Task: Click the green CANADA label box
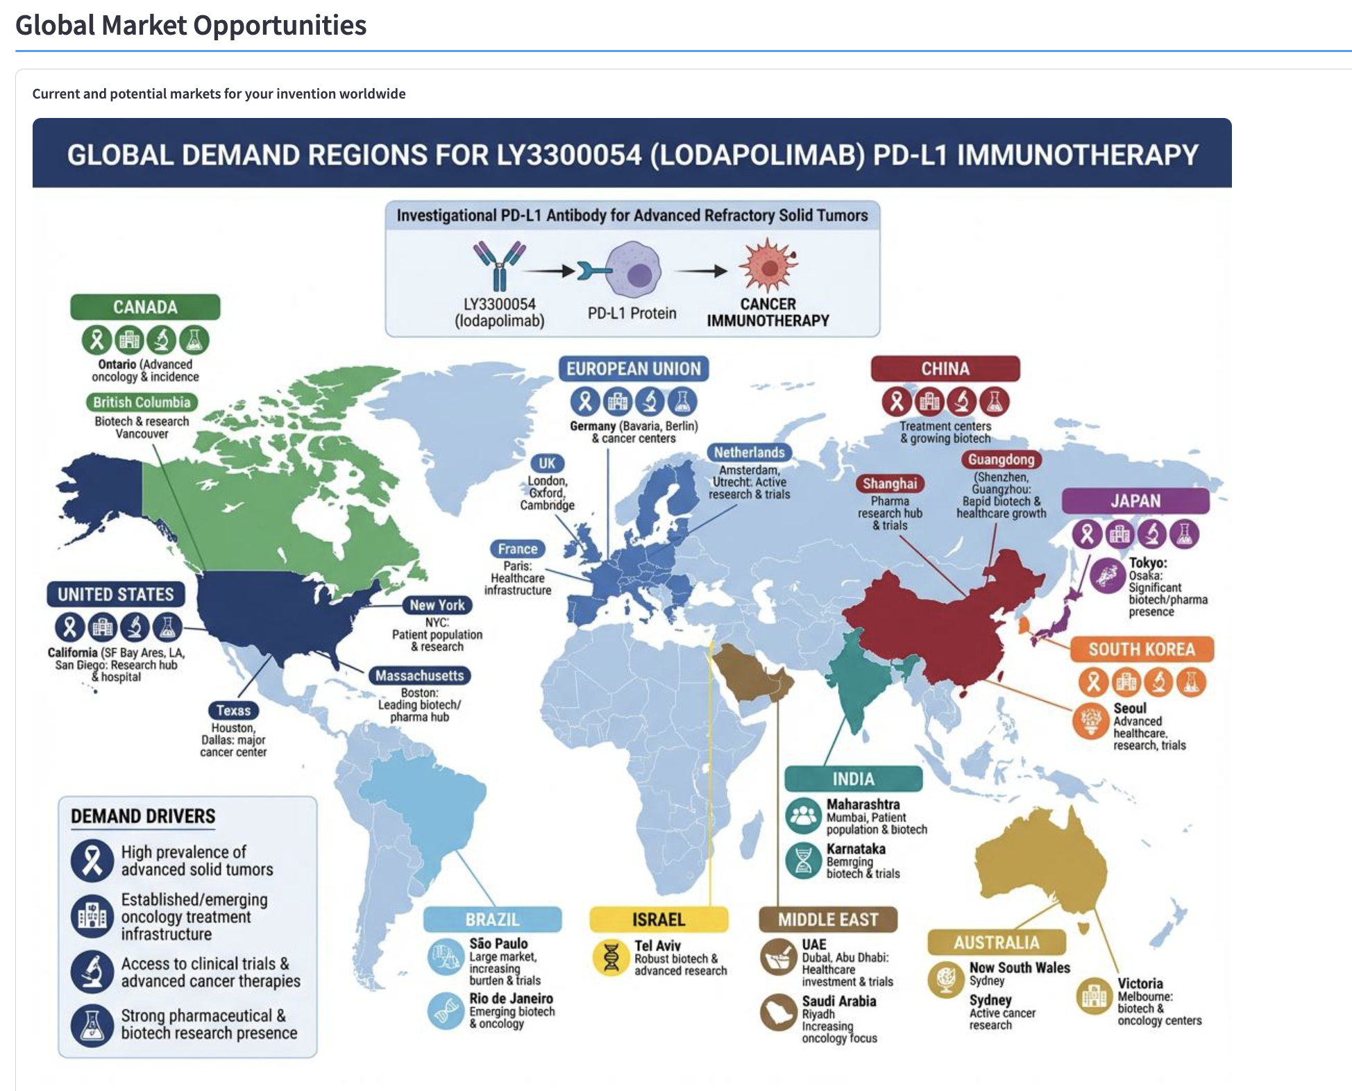click(x=145, y=307)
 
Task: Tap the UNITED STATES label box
click(x=116, y=594)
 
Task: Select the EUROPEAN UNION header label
click(x=634, y=369)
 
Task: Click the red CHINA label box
click(x=945, y=369)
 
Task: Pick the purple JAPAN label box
click(x=1135, y=500)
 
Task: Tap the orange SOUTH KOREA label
click(x=1141, y=649)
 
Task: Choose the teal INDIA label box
click(x=853, y=779)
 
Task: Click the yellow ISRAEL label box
click(x=658, y=920)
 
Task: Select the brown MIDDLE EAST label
click(x=827, y=920)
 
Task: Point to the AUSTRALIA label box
click(x=996, y=942)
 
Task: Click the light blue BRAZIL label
click(x=492, y=920)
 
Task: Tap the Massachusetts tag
click(x=419, y=675)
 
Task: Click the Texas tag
click(x=233, y=710)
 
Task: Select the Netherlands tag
click(x=749, y=453)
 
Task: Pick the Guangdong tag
click(x=1001, y=459)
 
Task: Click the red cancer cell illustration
click(x=768, y=265)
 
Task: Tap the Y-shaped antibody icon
click(x=499, y=264)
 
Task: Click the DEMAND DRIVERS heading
click(x=143, y=816)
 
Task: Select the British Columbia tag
click(x=142, y=402)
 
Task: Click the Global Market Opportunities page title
click(x=191, y=26)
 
